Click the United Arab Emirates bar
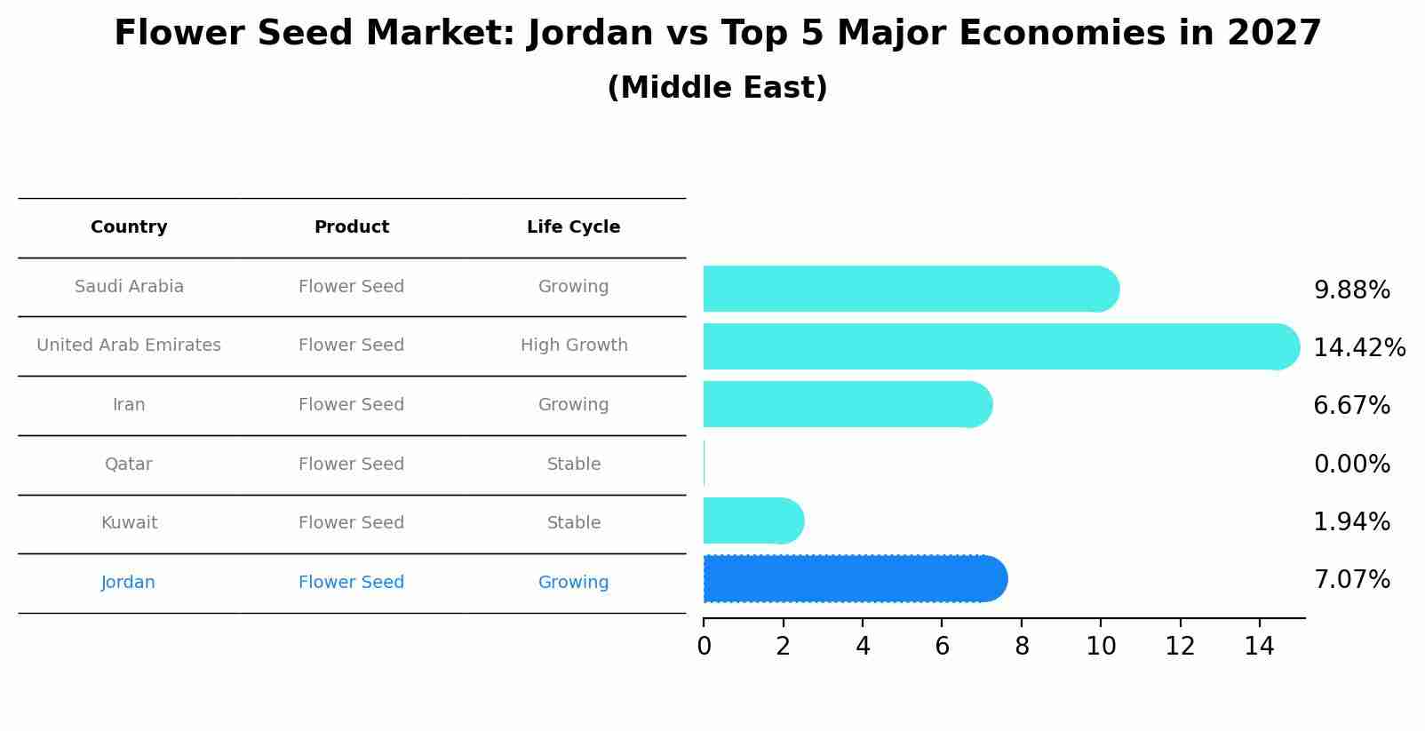[x=995, y=346]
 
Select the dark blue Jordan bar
[x=853, y=579]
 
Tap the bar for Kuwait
[x=751, y=520]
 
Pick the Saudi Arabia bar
[x=906, y=289]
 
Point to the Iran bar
[x=844, y=404]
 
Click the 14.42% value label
[x=1358, y=347]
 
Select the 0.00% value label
[x=1351, y=464]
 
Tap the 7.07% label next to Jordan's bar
[x=1351, y=580]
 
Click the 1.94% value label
[x=1351, y=521]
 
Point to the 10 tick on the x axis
[x=1100, y=647]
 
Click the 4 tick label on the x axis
[x=862, y=647]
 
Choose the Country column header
[x=129, y=227]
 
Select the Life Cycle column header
[x=573, y=227]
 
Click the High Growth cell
[x=573, y=346]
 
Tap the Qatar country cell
[x=129, y=464]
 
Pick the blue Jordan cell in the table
[x=129, y=583]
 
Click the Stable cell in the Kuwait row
[x=573, y=523]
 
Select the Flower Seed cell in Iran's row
[x=351, y=405]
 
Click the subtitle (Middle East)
[x=717, y=88]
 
